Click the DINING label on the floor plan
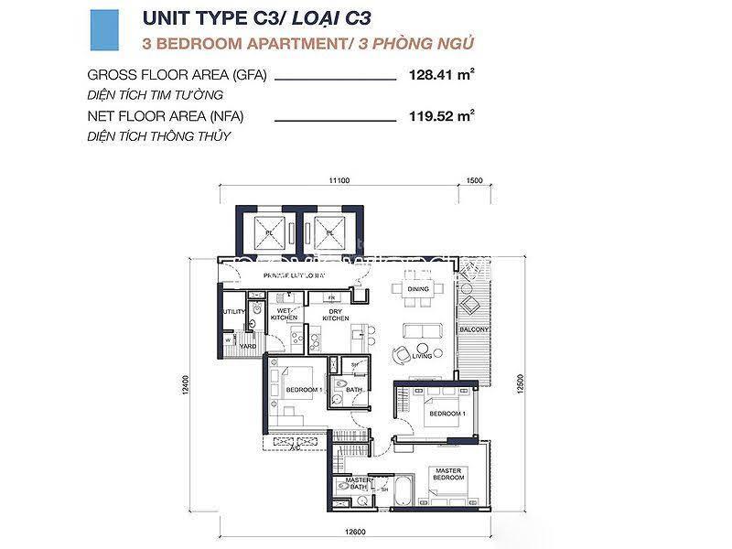(418, 289)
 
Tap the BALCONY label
(475, 329)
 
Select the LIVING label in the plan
(421, 356)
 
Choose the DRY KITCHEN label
(337, 314)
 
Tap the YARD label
(247, 347)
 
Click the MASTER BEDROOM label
(448, 474)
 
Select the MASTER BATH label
(357, 483)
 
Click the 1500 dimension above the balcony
(474, 181)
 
